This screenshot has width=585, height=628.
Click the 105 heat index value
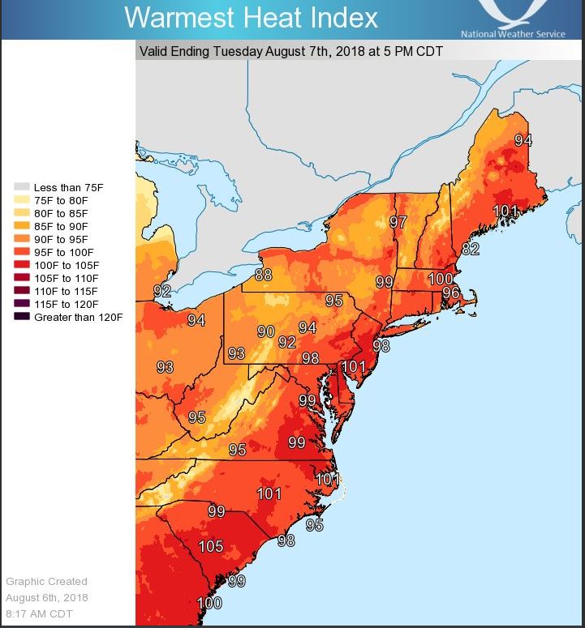(211, 546)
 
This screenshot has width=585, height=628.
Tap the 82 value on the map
(471, 249)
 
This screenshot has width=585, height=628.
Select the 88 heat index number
(263, 274)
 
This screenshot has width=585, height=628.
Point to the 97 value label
(398, 222)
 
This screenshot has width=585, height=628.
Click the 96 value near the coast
(451, 293)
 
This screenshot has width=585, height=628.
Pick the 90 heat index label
(266, 331)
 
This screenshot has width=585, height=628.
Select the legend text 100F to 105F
(66, 265)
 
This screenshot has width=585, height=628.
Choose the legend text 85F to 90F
(62, 226)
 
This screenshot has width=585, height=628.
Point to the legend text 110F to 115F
(66, 291)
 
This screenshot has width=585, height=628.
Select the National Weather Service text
(513, 34)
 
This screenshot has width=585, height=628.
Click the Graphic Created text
(46, 581)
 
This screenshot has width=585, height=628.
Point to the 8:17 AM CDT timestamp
(39, 613)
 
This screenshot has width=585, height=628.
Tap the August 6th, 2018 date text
(47, 597)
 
